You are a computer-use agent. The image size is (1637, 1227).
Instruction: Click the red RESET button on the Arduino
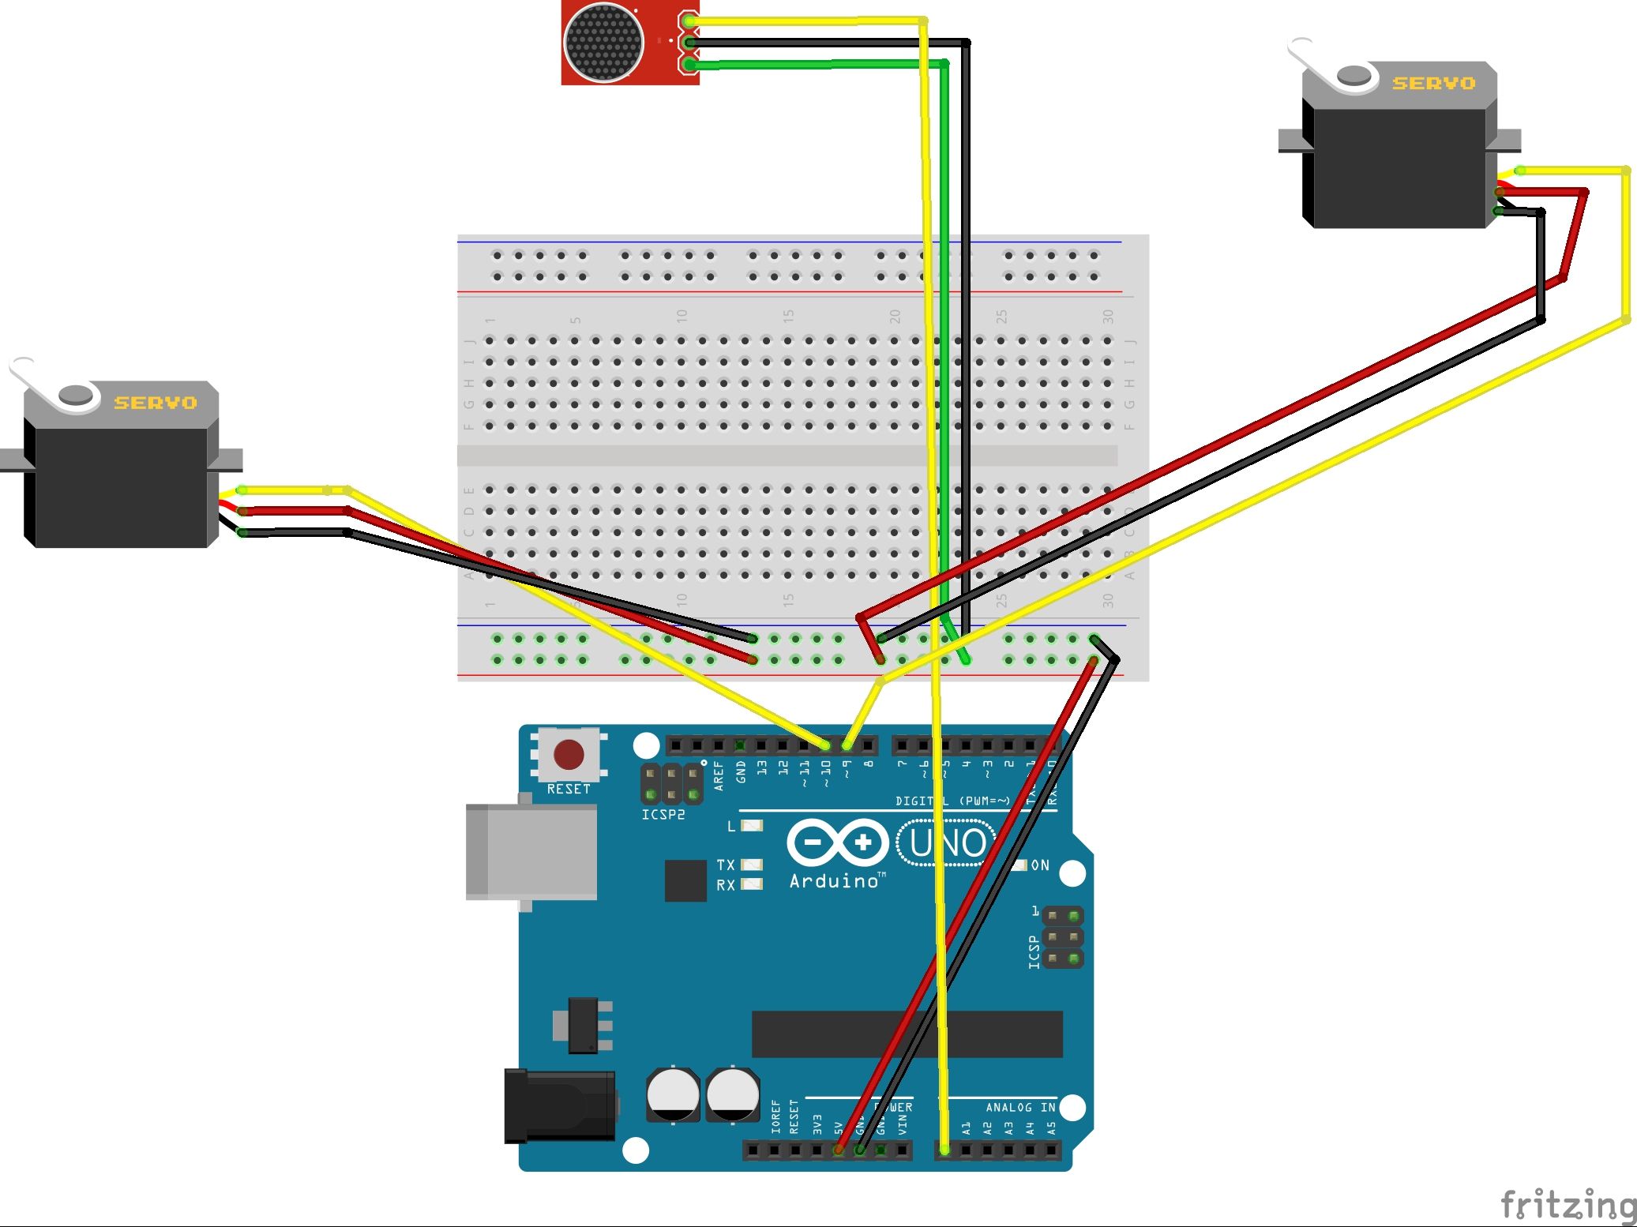click(569, 755)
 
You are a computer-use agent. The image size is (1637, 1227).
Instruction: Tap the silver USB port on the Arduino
click(531, 852)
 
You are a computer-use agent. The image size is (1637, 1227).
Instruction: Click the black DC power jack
click(559, 1105)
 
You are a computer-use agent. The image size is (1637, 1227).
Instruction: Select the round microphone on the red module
click(604, 43)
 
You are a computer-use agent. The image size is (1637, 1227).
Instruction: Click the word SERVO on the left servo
click(156, 403)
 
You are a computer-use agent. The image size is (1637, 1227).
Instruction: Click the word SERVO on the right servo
click(1433, 83)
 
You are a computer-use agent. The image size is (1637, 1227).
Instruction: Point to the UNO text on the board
click(948, 843)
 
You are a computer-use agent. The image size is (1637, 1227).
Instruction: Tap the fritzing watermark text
click(1568, 1205)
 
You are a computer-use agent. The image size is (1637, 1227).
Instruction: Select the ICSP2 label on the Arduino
click(663, 814)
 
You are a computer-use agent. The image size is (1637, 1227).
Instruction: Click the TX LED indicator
click(753, 865)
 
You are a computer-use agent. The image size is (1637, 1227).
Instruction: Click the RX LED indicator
click(753, 884)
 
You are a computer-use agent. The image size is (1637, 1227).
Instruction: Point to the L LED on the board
click(753, 826)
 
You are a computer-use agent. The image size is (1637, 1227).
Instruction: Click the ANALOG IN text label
click(1020, 1108)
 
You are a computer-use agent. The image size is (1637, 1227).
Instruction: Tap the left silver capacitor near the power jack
click(673, 1094)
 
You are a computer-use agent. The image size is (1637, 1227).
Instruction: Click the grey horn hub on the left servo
click(75, 395)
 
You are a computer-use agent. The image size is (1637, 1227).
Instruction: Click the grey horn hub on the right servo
click(1355, 75)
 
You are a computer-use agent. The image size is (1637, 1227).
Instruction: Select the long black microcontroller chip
click(907, 1034)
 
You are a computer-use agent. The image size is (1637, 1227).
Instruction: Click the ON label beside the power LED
click(1040, 865)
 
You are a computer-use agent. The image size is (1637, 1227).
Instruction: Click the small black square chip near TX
click(685, 880)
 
